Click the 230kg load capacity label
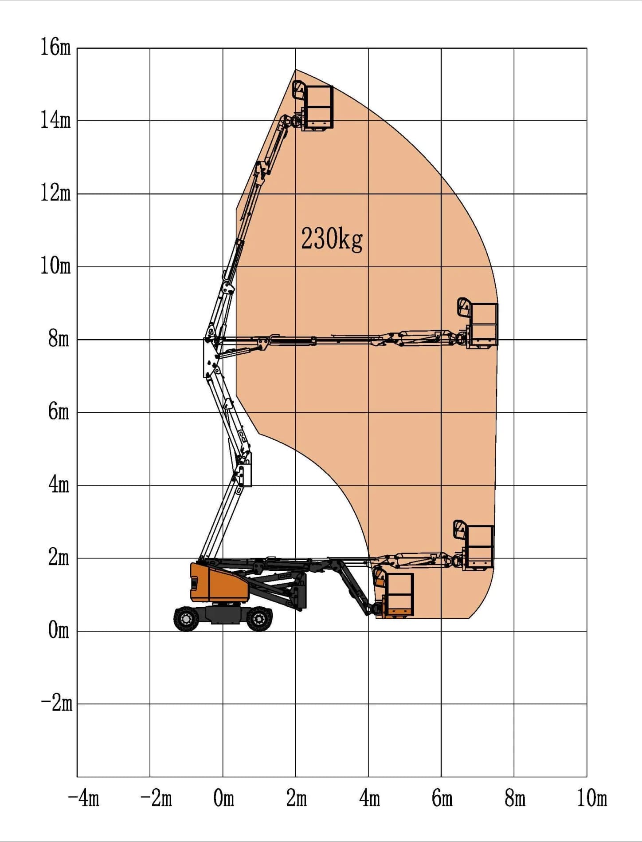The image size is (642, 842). tap(332, 239)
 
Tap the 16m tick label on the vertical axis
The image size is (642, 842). tap(55, 47)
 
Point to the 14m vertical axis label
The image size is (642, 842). tap(55, 120)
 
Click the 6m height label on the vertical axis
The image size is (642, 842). tap(59, 411)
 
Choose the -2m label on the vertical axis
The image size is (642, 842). tap(56, 703)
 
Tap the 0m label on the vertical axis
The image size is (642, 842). tap(59, 630)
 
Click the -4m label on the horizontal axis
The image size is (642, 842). tap(83, 798)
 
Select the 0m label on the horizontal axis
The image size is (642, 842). tap(223, 798)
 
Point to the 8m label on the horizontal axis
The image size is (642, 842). tap(515, 798)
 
